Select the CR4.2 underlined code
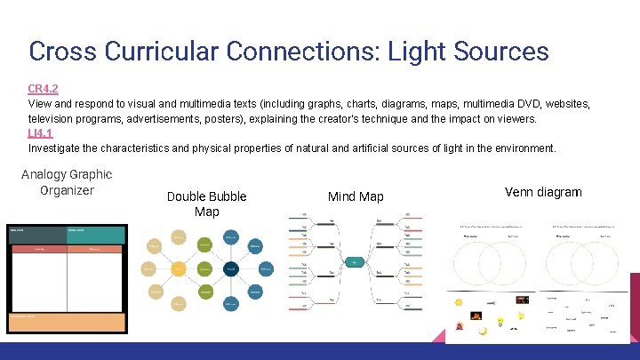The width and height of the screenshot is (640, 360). click(x=44, y=90)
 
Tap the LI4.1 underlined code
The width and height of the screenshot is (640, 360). click(x=41, y=133)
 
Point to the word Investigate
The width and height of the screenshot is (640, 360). click(x=59, y=148)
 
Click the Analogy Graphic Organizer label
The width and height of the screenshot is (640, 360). click(x=67, y=182)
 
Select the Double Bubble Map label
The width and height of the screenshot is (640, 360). click(x=206, y=204)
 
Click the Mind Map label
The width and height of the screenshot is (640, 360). click(x=356, y=196)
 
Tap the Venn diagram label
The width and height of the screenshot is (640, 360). click(x=542, y=192)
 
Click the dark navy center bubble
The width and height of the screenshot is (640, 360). click(x=230, y=268)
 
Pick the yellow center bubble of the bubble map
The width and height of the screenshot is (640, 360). click(x=180, y=268)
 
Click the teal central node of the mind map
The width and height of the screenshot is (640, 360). click(x=355, y=262)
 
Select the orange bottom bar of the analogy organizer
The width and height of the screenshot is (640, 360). click(x=67, y=323)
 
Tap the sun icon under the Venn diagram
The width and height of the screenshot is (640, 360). click(x=458, y=303)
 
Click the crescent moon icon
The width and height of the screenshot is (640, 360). click(x=483, y=331)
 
